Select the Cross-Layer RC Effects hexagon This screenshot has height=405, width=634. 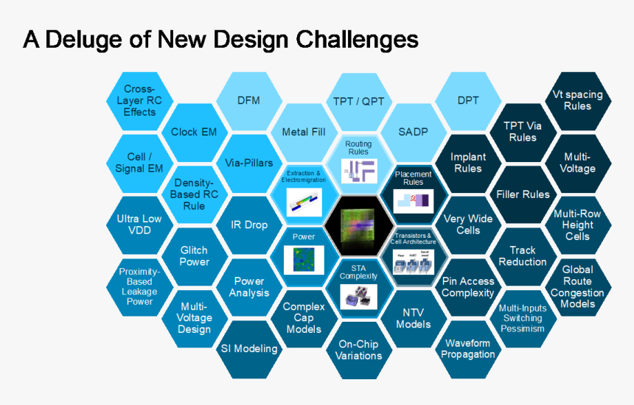pos(140,101)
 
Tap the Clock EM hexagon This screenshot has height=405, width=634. pos(194,132)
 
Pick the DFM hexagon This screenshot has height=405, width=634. pos(248,101)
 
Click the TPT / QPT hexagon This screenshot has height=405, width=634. pos(358,101)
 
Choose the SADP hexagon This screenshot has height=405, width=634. pos(413,132)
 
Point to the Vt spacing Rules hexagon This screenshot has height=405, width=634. pos(577,100)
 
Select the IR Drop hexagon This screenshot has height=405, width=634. pos(248,225)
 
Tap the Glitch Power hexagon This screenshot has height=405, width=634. pos(194,256)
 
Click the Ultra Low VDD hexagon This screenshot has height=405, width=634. pos(139,225)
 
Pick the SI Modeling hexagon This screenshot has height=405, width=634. pos(249,348)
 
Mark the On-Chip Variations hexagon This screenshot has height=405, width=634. pos(358,350)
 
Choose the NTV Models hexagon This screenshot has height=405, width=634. pos(413,318)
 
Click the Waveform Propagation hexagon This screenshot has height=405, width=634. pos(468,349)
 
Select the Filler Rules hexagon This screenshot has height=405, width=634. pos(523,194)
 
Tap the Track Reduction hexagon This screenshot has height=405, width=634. pos(523,256)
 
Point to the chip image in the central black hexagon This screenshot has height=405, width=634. pos(358,227)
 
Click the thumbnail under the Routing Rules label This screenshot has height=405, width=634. pos(358,170)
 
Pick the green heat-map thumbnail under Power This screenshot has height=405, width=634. pos(304,259)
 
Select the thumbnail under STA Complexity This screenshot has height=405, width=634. pos(358,295)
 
